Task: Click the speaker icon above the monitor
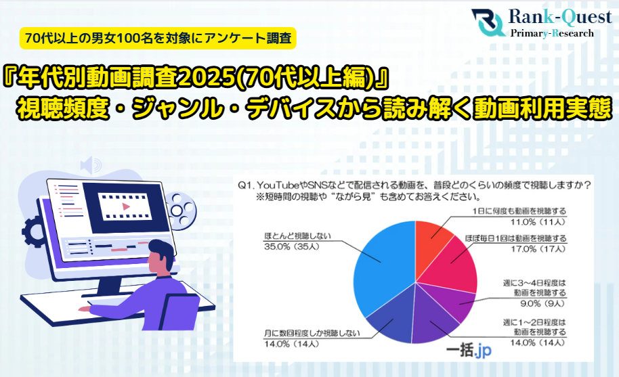pyautogui.click(x=89, y=164)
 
